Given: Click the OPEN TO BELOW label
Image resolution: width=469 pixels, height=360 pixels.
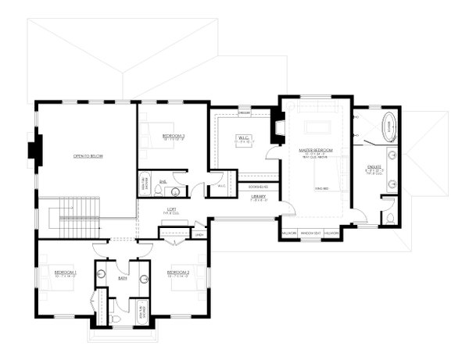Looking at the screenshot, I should [88, 156].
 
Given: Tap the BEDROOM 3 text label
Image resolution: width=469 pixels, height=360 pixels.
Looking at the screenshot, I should [174, 136].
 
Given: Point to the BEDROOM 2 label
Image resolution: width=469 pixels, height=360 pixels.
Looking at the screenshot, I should [178, 273].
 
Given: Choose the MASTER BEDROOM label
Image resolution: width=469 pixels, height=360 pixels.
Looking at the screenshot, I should [316, 149].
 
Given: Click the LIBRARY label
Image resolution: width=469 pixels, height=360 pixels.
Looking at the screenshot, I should [258, 197].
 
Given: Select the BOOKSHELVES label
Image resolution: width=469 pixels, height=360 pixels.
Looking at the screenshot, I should [258, 187].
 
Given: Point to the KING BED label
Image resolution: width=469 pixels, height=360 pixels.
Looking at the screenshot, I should [320, 188].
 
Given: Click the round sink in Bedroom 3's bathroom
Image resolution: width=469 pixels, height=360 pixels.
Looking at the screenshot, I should [175, 190].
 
